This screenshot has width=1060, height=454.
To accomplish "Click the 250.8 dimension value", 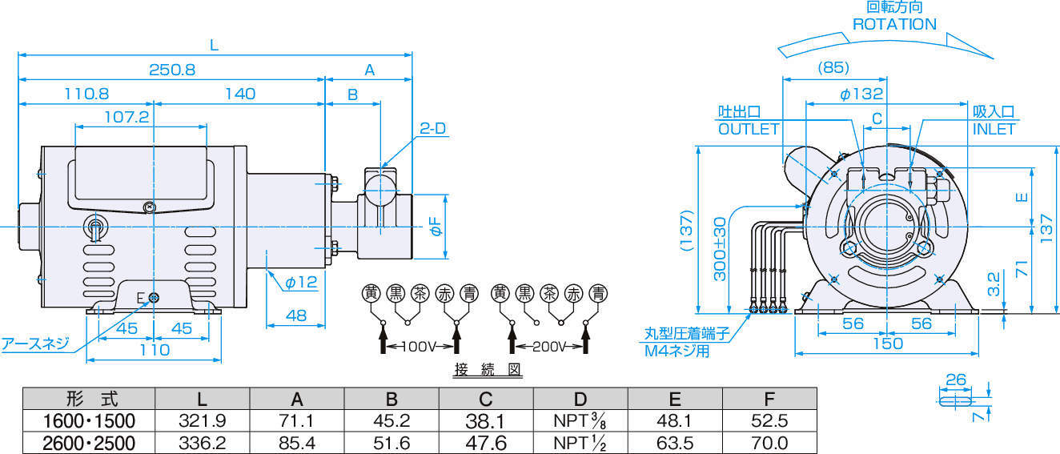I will click(x=172, y=70).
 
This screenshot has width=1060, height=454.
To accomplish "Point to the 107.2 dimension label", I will click(x=126, y=117).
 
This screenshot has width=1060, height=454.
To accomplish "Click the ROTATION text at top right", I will click(x=893, y=25).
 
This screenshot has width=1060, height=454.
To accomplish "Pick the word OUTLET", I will click(x=748, y=129).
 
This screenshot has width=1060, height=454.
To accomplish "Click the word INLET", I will click(x=994, y=129).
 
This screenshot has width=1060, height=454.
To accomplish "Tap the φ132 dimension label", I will click(x=861, y=94).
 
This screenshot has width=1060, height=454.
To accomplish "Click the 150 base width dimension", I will click(x=887, y=344).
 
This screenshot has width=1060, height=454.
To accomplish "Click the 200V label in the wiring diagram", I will click(x=548, y=347).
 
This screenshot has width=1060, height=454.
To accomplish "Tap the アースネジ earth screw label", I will click(x=34, y=344).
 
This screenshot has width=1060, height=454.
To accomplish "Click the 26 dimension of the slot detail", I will click(x=956, y=379).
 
